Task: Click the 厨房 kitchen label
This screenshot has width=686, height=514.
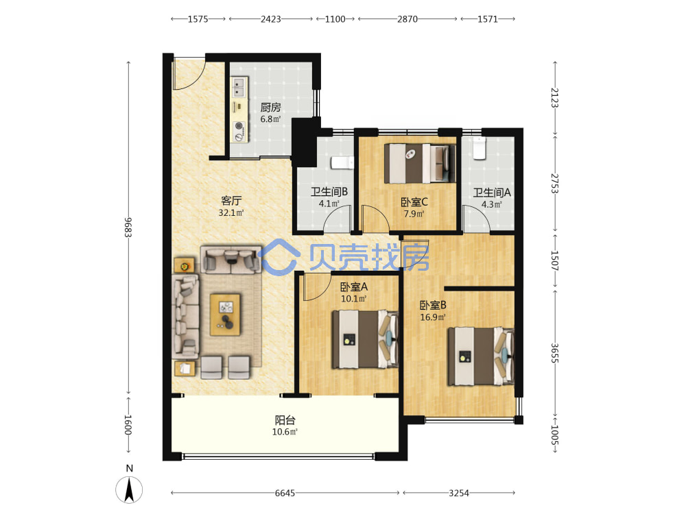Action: pos(270,107)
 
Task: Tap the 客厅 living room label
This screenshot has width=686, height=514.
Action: pos(231,201)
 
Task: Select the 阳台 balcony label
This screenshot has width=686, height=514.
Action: pos(285,420)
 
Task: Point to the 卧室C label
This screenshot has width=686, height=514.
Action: pos(414,202)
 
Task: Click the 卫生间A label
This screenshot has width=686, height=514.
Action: pos(492,193)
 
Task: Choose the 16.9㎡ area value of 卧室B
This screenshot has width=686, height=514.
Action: pos(433,317)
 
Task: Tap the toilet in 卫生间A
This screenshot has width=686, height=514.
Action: pos(480,148)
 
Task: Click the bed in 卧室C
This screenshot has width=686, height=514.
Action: pos(420,164)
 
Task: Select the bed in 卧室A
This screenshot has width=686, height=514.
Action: pos(365,339)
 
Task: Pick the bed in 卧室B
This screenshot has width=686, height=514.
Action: pos(480,356)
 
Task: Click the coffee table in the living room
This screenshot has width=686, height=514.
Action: pos(225,315)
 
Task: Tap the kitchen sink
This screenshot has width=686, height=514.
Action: pos(239,87)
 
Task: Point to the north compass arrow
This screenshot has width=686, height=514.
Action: pos(129,490)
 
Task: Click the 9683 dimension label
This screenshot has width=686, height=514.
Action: pos(128,228)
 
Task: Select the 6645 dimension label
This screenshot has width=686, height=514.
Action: pos(285,493)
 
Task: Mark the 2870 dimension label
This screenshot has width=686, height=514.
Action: pos(407,19)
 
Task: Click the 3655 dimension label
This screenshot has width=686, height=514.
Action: pos(554,353)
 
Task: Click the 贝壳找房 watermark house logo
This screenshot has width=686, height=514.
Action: pos(279,258)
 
